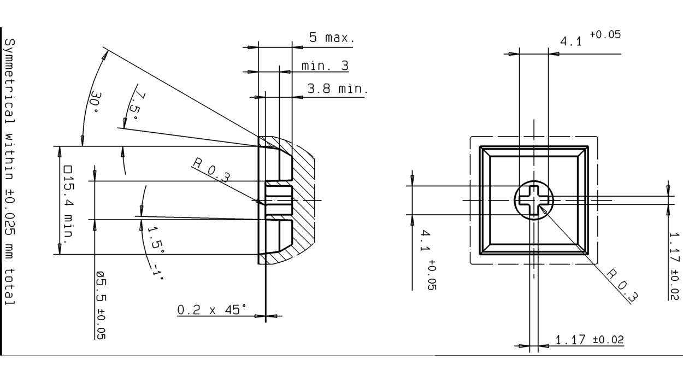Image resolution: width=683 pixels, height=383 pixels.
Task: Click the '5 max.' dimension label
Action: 332,38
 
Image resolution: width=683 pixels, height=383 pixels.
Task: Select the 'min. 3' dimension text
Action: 325,66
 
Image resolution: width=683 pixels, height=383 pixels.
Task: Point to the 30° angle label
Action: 94,102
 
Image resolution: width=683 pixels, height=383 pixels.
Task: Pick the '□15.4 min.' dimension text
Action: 68,203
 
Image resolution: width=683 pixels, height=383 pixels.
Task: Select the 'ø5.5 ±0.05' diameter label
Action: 101,305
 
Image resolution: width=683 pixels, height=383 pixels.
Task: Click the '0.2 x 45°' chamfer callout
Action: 211,310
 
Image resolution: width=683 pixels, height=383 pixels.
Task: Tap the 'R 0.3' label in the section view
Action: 211,170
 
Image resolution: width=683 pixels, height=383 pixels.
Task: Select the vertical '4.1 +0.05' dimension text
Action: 427,259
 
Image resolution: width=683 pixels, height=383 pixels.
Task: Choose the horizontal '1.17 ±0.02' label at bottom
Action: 589,340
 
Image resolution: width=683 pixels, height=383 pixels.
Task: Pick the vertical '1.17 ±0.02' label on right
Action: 674,266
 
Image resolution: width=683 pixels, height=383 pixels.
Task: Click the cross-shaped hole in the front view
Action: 533,201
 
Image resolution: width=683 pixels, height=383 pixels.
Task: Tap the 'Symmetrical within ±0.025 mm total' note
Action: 10,172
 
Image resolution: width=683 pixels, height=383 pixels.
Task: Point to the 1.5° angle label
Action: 156,238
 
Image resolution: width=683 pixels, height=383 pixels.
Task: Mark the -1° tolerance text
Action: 157,272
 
